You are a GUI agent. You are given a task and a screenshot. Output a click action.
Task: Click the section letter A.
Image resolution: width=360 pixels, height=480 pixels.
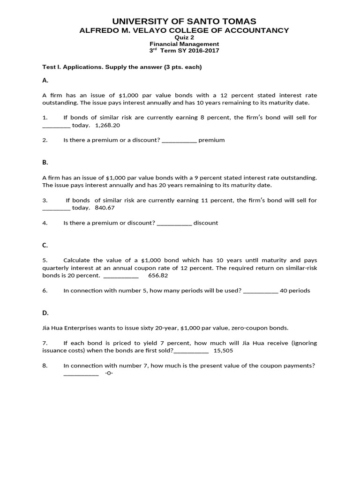click(45, 80)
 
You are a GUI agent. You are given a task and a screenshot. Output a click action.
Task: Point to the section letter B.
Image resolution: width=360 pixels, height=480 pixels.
click(45, 163)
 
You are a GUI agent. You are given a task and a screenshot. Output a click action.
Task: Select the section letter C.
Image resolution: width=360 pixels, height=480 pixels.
click(45, 245)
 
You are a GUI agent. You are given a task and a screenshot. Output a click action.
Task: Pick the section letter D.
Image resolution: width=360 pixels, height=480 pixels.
click(45, 313)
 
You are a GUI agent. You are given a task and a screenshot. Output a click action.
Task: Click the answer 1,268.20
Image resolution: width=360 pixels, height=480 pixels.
click(107, 125)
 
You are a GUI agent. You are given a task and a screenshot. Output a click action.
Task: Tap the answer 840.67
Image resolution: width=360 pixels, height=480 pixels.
click(105, 208)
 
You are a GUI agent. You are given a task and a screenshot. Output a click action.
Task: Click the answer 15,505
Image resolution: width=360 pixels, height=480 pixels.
click(223, 350)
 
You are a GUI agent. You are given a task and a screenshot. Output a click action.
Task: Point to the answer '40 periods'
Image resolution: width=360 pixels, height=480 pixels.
click(295, 291)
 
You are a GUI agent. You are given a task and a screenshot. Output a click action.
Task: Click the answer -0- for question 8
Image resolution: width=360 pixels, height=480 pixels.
click(109, 373)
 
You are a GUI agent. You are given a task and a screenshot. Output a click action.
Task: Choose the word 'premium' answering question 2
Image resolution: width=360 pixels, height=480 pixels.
click(211, 140)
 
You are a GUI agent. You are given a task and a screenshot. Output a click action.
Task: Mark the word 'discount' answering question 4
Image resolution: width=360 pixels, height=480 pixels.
click(206, 223)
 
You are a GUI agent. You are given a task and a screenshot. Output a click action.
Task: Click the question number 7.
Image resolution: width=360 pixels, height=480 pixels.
click(45, 343)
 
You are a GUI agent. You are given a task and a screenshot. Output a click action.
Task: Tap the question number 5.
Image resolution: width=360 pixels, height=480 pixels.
click(45, 260)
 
